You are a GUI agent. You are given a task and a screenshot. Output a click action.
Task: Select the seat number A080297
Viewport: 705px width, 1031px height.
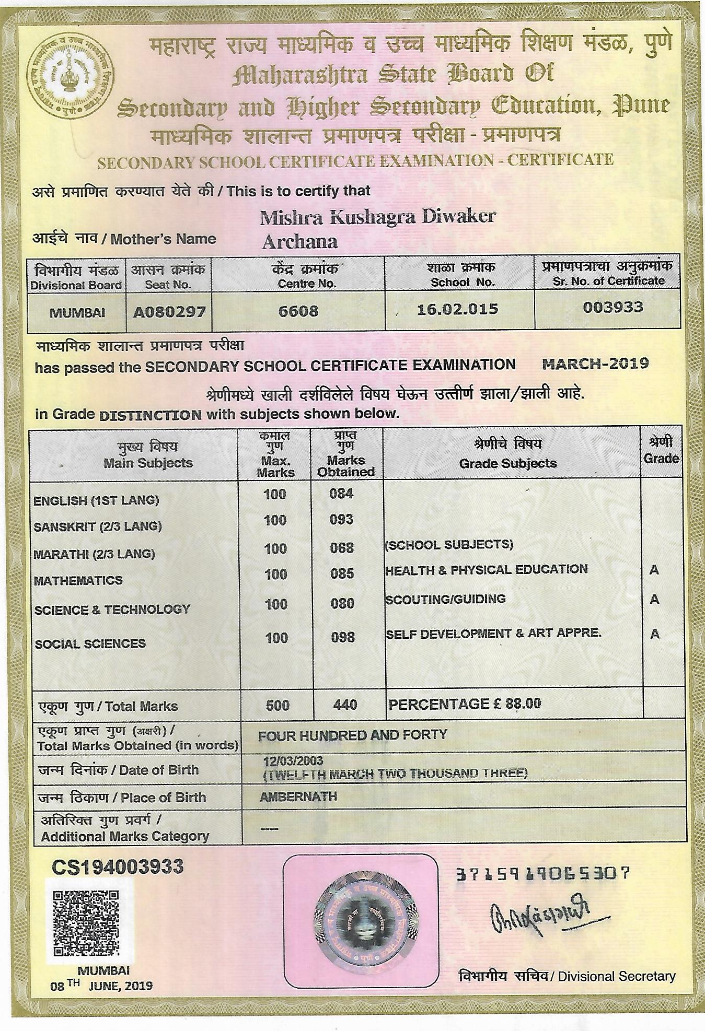(169, 312)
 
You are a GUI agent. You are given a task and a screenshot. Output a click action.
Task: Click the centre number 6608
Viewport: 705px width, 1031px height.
(298, 311)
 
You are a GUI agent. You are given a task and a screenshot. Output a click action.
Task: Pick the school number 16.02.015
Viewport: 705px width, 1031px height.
(458, 309)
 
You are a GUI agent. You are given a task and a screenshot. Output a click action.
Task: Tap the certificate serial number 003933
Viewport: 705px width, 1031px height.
(612, 307)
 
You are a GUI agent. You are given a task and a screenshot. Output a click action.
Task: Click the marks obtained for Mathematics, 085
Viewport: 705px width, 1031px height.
(342, 573)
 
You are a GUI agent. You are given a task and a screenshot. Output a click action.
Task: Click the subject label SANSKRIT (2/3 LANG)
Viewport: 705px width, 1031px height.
(97, 526)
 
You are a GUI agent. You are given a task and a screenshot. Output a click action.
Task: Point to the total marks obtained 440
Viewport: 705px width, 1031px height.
(345, 705)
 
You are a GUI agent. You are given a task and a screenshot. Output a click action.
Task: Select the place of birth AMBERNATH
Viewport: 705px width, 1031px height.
(298, 796)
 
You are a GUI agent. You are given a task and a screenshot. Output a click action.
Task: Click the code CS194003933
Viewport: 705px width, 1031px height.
(118, 867)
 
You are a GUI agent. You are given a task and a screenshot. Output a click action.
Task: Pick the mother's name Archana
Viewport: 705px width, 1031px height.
(299, 242)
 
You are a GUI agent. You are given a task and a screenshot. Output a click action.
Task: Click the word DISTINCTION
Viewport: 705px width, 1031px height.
(150, 415)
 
